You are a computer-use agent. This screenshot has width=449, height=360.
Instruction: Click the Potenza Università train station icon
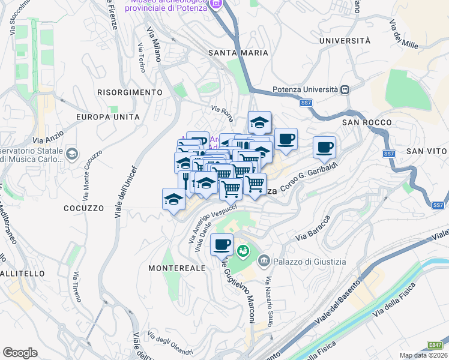click(345, 89)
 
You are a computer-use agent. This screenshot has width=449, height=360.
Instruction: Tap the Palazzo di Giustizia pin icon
click(264, 261)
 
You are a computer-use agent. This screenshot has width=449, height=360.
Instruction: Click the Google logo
click(20, 353)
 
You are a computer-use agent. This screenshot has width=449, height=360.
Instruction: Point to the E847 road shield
click(435, 345)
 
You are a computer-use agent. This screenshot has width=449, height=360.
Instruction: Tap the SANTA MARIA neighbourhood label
click(238, 53)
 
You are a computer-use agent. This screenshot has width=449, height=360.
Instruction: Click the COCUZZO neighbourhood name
click(83, 208)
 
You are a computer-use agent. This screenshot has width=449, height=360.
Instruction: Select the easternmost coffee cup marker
click(325, 148)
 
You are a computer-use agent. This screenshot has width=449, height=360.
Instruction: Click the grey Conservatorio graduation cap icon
click(72, 154)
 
